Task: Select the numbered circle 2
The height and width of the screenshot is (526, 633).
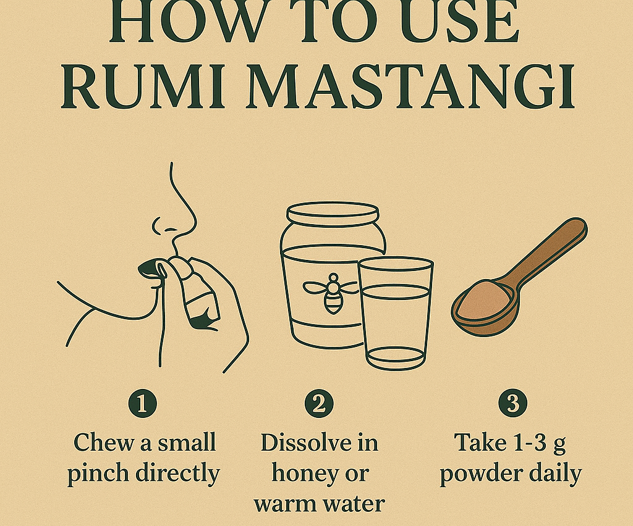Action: point(318,404)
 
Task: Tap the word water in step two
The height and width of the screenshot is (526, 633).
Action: point(354,503)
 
